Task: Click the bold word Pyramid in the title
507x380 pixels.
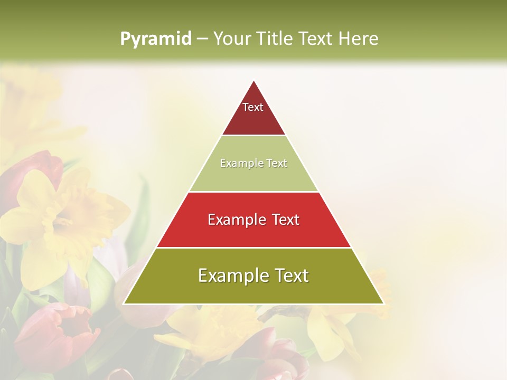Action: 155,39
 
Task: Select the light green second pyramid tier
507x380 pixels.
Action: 253,177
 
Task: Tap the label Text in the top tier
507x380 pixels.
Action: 253,107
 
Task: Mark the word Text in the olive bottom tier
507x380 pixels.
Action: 288,275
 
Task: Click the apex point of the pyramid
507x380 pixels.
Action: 254,81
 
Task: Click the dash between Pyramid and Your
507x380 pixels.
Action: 202,39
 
